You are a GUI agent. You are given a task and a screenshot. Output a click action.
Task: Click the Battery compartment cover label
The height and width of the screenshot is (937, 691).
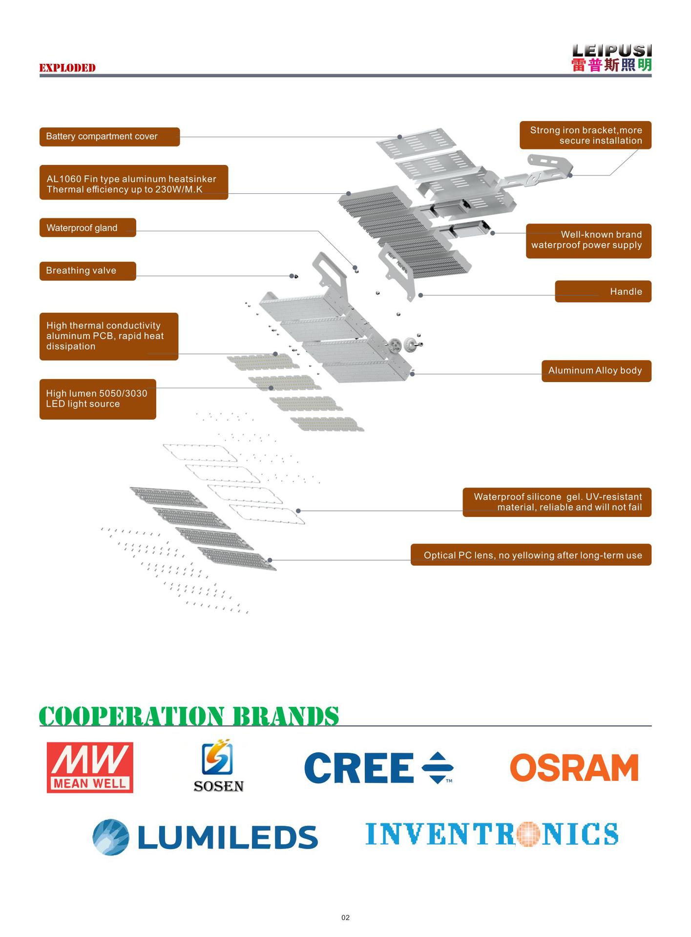[x=109, y=137]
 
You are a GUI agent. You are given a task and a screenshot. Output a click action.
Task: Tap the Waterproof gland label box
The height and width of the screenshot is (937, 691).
[x=87, y=228]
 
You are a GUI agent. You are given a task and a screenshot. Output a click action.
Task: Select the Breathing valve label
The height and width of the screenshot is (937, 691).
[x=87, y=271]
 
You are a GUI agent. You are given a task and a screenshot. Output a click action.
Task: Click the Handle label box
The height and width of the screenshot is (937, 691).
[x=603, y=291]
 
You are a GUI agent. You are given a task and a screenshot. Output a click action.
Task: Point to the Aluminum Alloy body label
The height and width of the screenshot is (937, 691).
[x=596, y=371]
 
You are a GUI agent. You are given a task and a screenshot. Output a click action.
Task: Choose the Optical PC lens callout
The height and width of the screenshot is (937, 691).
[x=531, y=555]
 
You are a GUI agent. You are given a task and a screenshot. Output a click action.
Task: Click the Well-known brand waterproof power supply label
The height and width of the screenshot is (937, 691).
[x=588, y=240]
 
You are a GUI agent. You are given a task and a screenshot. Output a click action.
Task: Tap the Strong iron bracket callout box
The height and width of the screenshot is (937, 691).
[x=585, y=135]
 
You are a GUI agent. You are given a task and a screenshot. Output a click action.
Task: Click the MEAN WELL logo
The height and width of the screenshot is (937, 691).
[x=90, y=768]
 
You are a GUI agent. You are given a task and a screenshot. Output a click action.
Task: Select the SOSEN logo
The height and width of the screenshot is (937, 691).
[x=218, y=766]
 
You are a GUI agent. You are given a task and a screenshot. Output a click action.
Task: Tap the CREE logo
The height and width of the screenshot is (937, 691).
[x=378, y=768]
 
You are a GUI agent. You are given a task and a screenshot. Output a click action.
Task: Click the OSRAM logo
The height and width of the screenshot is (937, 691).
[x=574, y=768]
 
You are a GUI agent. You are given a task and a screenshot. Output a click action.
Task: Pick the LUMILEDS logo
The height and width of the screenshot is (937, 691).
[x=205, y=837]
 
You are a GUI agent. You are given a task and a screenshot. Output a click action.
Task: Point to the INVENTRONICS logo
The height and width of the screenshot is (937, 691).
[x=492, y=834]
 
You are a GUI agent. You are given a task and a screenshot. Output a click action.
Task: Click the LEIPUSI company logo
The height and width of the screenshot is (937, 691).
[x=611, y=58]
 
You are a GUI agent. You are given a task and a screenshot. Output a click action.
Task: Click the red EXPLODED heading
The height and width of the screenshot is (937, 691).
[x=67, y=68]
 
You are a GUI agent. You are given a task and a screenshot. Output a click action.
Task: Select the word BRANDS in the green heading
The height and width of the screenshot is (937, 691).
[x=286, y=716]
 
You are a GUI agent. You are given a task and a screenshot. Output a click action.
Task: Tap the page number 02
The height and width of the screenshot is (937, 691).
[x=345, y=917]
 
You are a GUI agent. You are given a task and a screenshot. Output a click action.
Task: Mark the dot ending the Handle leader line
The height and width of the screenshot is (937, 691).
[x=420, y=295]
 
